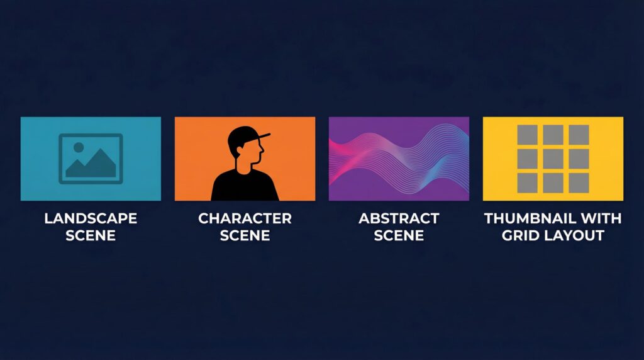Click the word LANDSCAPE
[x=91, y=218]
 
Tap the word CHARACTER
[x=245, y=218]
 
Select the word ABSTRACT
[x=399, y=218]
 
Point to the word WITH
[x=603, y=218]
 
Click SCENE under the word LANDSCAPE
[x=91, y=235]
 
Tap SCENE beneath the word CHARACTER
[x=245, y=235]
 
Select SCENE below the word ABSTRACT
[x=399, y=235]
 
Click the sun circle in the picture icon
[x=79, y=147]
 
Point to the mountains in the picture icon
[x=91, y=165]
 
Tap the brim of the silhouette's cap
[x=263, y=136]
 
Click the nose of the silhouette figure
[x=262, y=149]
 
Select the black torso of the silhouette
[x=245, y=186]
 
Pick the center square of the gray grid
[x=553, y=159]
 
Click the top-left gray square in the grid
[x=528, y=135]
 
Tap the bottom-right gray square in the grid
[x=579, y=183]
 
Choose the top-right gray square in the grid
[x=579, y=135]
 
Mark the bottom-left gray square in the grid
[x=528, y=183]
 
